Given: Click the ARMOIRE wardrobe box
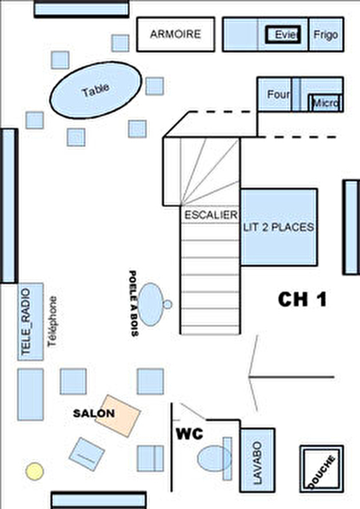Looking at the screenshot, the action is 176,34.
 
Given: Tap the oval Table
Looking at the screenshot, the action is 96,90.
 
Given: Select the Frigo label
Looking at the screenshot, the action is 326,35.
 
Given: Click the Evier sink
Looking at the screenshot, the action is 283,34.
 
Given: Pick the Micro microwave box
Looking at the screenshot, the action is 325,103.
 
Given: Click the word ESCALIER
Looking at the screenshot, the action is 211,215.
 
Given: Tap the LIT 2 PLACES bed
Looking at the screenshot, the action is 279,227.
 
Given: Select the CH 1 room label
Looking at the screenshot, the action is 302,299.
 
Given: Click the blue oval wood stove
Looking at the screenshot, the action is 151,305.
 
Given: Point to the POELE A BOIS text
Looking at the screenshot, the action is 133,303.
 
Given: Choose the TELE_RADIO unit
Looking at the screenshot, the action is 31,322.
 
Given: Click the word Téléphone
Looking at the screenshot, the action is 52,322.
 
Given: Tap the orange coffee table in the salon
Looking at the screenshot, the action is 117,415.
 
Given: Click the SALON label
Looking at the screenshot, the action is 94,413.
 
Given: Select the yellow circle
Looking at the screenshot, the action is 34,471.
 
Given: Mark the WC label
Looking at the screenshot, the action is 190,434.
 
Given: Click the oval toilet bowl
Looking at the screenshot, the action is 215,459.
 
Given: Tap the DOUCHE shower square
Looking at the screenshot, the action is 322,469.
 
